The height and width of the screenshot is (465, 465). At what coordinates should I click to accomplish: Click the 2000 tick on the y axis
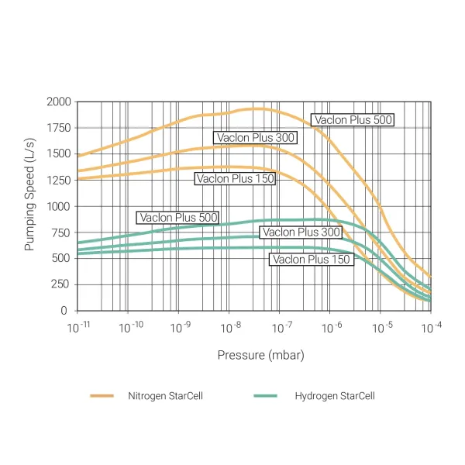point(60,102)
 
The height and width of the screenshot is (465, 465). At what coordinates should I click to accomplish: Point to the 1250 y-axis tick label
point(60,180)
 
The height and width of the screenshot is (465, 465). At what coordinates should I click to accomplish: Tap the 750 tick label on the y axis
point(62,232)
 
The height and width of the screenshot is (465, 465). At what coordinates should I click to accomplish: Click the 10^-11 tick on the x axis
point(78,327)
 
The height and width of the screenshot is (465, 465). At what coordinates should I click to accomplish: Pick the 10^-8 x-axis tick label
point(229,327)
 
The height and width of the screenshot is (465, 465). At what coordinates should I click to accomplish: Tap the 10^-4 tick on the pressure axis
point(431,327)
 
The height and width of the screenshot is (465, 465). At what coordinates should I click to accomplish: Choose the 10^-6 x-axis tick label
point(330,327)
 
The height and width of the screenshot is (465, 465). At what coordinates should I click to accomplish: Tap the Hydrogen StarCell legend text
point(334,396)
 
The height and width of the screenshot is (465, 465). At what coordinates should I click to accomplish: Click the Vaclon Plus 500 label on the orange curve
point(353,119)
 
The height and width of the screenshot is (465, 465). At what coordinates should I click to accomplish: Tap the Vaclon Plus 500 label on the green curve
point(177,218)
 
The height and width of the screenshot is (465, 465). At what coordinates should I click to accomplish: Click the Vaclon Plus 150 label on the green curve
point(311,260)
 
